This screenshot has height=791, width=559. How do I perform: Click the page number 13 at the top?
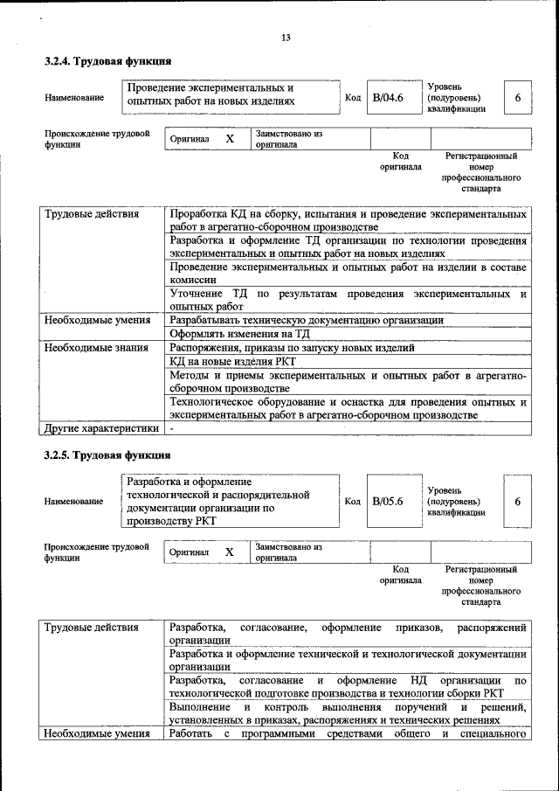(285, 37)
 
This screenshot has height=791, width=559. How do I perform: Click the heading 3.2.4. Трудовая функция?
(107, 62)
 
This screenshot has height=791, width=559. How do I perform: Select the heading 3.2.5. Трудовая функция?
(107, 455)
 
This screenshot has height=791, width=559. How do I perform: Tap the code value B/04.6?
(387, 97)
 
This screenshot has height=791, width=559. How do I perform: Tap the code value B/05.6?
(387, 502)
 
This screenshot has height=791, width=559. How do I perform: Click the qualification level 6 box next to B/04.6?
(517, 97)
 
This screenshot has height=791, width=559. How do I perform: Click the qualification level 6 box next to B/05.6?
(517, 502)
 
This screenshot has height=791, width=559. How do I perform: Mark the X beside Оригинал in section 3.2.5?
(230, 552)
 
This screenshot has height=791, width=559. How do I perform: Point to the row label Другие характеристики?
(100, 428)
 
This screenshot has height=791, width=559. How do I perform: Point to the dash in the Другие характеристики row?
(172, 428)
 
